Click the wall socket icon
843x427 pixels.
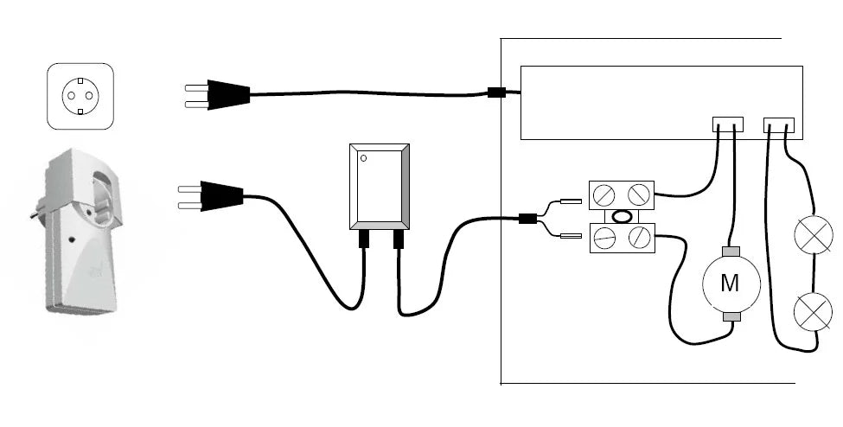pyautogui.click(x=80, y=96)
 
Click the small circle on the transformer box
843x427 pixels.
pyautogui.click(x=365, y=158)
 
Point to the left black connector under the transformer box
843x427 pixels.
pyautogui.click(x=364, y=238)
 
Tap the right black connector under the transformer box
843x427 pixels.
pyautogui.click(x=399, y=238)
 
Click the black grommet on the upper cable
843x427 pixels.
pyautogui.click(x=496, y=92)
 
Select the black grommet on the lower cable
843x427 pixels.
pyautogui.click(x=527, y=219)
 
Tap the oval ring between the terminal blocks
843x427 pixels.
pyautogui.click(x=621, y=216)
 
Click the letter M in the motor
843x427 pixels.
pyautogui.click(x=731, y=282)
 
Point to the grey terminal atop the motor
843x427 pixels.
pyautogui.click(x=731, y=252)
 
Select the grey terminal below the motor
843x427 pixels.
pyautogui.click(x=731, y=315)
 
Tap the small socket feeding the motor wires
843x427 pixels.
pyautogui.click(x=728, y=124)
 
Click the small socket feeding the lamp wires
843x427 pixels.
pyautogui.click(x=780, y=124)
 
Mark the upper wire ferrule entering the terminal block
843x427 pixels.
pyautogui.click(x=572, y=201)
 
